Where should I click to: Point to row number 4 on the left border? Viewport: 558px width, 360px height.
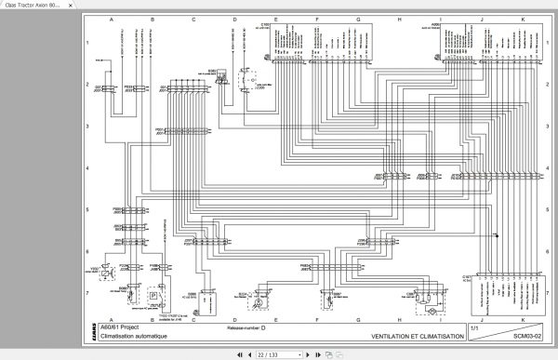(88, 168)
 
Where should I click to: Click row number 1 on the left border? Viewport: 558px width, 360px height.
(88, 43)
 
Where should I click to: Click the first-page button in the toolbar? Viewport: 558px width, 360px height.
(242, 353)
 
